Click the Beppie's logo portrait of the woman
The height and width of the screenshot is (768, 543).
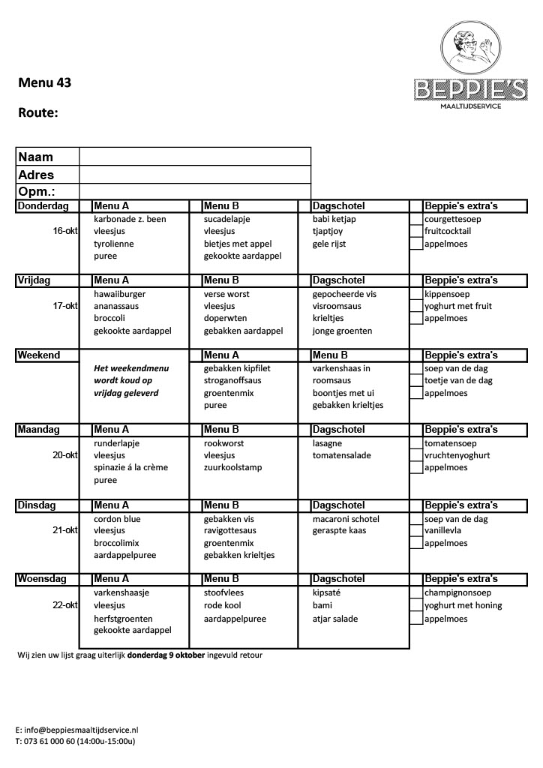(470, 49)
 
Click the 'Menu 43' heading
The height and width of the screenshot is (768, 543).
(45, 82)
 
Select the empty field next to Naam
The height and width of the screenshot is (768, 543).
(194, 157)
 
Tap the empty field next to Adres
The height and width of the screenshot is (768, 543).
(194, 175)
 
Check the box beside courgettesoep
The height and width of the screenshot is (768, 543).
(416, 219)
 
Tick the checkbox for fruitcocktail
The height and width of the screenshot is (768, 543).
(416, 231)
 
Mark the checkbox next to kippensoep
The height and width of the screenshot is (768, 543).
(416, 294)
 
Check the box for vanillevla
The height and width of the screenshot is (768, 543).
(416, 530)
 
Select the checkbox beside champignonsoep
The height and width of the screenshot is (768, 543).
(416, 592)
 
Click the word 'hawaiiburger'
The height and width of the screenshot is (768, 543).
(119, 294)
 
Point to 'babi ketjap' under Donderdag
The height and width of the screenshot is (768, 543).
(334, 219)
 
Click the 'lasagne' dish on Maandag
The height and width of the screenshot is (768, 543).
(328, 443)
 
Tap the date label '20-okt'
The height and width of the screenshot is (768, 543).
(65, 455)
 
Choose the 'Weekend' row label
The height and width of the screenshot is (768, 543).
(38, 355)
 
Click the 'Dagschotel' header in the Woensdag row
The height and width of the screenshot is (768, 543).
(338, 579)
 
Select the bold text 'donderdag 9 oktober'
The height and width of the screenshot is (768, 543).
(166, 655)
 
